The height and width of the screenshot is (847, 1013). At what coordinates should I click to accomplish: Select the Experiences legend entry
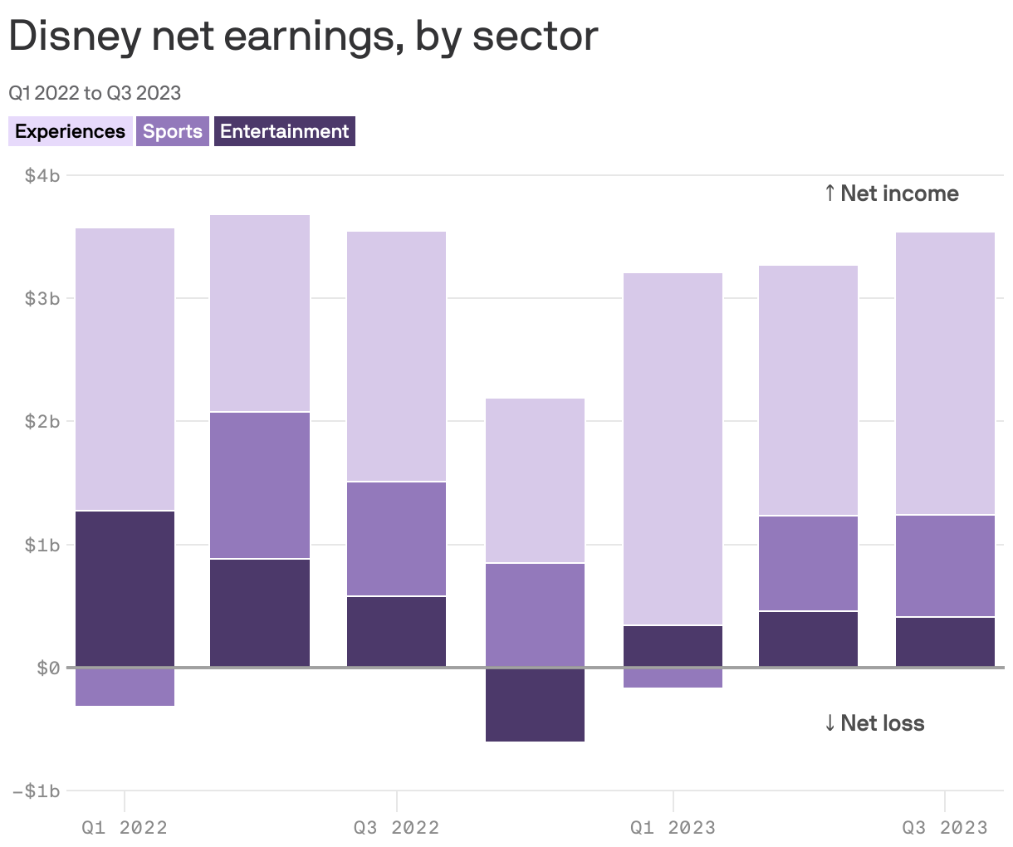tap(70, 131)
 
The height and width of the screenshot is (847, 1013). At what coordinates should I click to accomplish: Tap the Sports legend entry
tap(173, 131)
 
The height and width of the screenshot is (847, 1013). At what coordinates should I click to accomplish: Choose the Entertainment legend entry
tap(284, 131)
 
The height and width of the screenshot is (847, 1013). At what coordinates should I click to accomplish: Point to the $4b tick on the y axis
tap(42, 175)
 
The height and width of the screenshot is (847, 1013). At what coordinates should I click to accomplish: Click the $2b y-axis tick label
tap(42, 421)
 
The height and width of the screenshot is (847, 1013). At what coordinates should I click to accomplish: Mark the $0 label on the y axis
tap(48, 668)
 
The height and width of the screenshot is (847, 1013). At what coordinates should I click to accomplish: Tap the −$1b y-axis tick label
tap(37, 791)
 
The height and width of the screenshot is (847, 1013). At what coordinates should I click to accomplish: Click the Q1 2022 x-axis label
tap(125, 827)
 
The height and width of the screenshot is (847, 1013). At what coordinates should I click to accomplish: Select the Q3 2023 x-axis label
tap(945, 827)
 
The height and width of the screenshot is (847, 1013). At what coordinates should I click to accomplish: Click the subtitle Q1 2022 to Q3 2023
tap(95, 92)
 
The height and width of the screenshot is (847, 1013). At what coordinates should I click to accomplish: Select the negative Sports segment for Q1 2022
tap(125, 688)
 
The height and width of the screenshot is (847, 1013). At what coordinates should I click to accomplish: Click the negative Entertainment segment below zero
tap(535, 705)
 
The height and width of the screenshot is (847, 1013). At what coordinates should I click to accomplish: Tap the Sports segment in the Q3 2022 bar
tap(396, 538)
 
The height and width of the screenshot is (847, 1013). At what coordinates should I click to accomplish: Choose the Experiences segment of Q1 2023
tap(673, 448)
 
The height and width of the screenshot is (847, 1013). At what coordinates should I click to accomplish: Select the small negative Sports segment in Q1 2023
tap(673, 678)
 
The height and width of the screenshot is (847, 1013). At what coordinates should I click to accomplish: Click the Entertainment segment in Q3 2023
tap(945, 641)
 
